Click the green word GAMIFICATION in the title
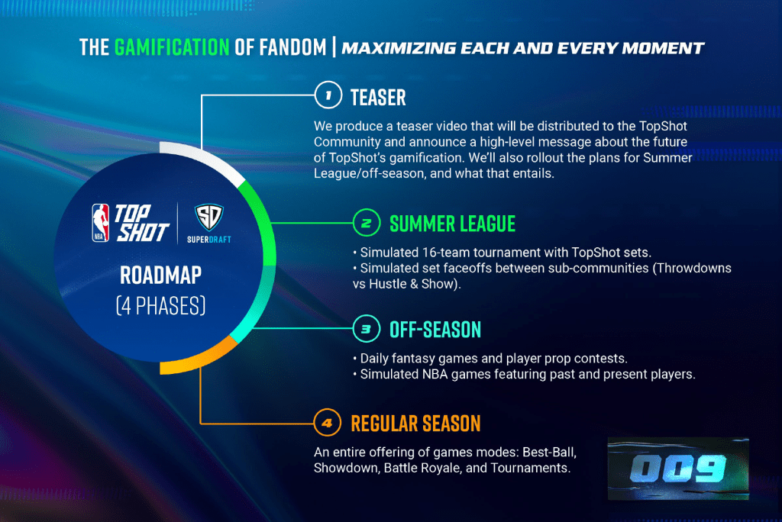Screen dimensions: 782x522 click(172, 48)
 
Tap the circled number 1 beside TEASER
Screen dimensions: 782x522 click(328, 95)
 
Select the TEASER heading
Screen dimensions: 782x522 click(378, 98)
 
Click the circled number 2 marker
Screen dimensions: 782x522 click(367, 222)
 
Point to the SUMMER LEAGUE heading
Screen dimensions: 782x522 click(452, 224)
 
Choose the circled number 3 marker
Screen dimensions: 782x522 click(367, 329)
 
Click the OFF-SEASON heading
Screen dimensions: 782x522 click(435, 330)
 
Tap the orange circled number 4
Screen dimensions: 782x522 click(327, 423)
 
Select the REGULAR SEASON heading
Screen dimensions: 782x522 click(415, 424)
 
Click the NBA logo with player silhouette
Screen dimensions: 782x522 click(100, 223)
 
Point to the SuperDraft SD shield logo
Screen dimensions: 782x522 click(208, 217)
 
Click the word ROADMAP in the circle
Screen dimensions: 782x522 click(160, 275)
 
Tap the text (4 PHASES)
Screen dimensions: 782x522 click(160, 305)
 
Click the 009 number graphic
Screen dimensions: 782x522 click(678, 469)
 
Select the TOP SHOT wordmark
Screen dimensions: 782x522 click(142, 223)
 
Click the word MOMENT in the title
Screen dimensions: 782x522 click(663, 48)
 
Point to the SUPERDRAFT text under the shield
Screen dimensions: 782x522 click(209, 240)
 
